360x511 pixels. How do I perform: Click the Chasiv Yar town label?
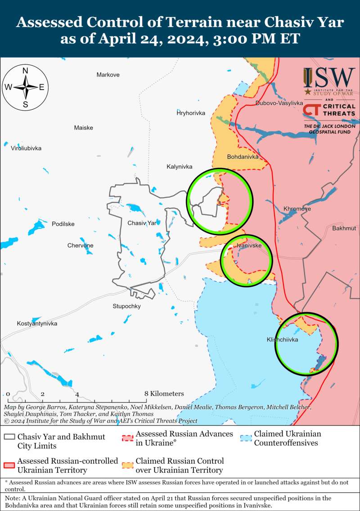[x=142, y=223]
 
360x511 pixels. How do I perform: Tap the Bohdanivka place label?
[x=243, y=157]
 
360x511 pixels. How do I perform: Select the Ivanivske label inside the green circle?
[x=249, y=245]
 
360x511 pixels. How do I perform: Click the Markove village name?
[x=108, y=75]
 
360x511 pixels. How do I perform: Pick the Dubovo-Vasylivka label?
[x=279, y=103]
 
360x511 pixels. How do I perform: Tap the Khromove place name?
[x=297, y=209]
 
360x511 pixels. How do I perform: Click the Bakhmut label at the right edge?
[x=344, y=229]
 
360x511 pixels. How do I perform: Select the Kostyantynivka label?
[x=37, y=324]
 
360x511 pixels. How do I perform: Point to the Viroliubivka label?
[x=26, y=148]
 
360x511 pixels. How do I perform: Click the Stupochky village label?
[x=126, y=306]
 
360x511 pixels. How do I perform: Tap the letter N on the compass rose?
[x=26, y=71]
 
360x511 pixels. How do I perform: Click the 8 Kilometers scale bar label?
[x=164, y=394]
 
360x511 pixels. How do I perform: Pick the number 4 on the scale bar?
[x=77, y=394]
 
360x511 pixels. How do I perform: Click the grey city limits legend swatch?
[x=9, y=437]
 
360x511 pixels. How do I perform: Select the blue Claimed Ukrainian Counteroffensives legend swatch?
[x=245, y=437]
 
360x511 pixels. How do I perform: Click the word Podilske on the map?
[x=63, y=224]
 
